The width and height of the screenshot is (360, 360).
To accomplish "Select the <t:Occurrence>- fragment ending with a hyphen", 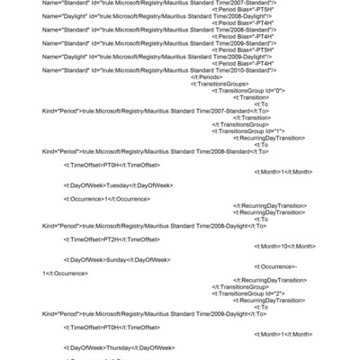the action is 276,266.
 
